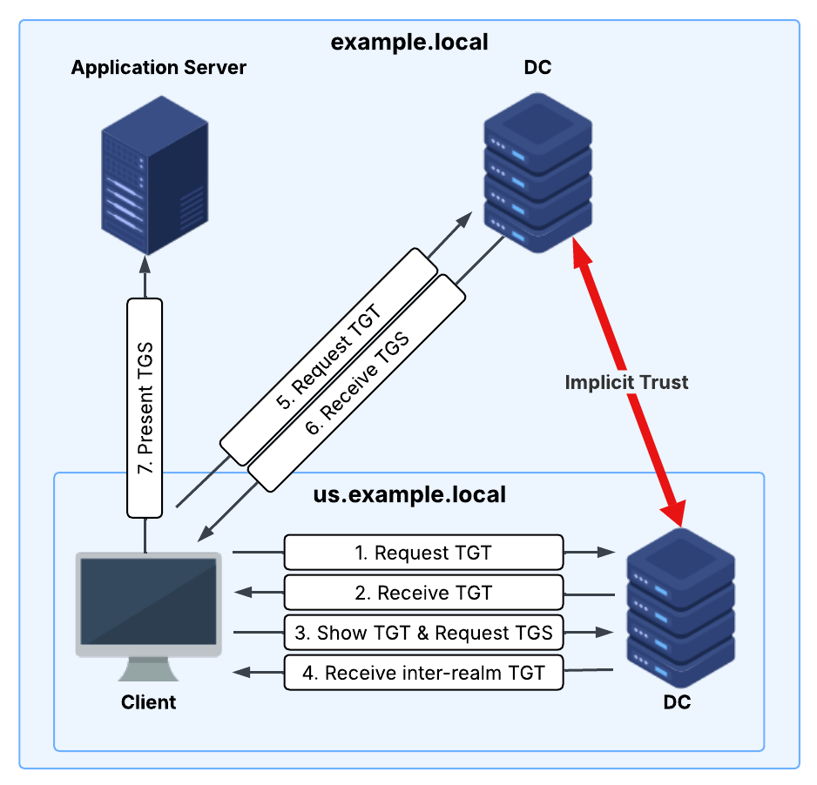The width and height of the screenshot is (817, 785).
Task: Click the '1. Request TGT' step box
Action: click(423, 552)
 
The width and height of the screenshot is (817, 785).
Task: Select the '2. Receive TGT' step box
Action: click(423, 593)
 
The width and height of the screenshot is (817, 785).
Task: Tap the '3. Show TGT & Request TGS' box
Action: click(423, 633)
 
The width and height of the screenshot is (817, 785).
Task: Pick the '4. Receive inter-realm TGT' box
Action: click(423, 673)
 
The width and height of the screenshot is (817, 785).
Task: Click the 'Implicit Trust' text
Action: click(626, 382)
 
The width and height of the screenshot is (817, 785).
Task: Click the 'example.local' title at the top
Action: click(409, 41)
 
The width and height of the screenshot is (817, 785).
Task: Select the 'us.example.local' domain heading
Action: click(409, 495)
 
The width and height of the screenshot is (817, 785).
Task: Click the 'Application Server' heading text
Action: click(159, 67)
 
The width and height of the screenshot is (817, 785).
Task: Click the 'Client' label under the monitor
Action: click(148, 701)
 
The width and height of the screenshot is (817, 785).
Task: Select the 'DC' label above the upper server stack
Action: click(537, 67)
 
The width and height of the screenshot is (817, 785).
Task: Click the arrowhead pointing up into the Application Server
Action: click(145, 265)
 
